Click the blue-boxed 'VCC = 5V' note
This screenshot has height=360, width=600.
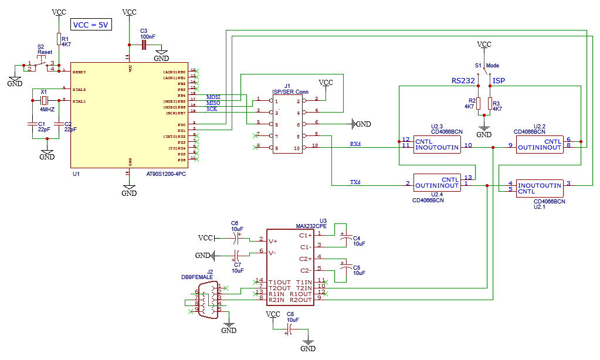pos(90,25)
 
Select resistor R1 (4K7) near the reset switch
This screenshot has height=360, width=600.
pos(59,39)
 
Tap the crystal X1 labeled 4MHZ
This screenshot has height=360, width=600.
pos(43,100)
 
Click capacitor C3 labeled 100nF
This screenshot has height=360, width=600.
pos(143,45)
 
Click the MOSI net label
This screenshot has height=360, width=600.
pos(213,97)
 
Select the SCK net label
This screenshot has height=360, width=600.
pos(211,108)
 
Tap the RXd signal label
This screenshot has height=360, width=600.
pos(355,144)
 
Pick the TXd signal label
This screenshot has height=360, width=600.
pos(355,182)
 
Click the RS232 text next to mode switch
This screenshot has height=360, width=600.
pos(463,80)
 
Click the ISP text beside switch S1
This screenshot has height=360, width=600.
pos(499,80)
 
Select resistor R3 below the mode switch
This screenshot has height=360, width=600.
pos(490,104)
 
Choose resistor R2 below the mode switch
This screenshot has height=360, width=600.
pos(478,104)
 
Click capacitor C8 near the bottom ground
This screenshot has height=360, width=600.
pos(287,331)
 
